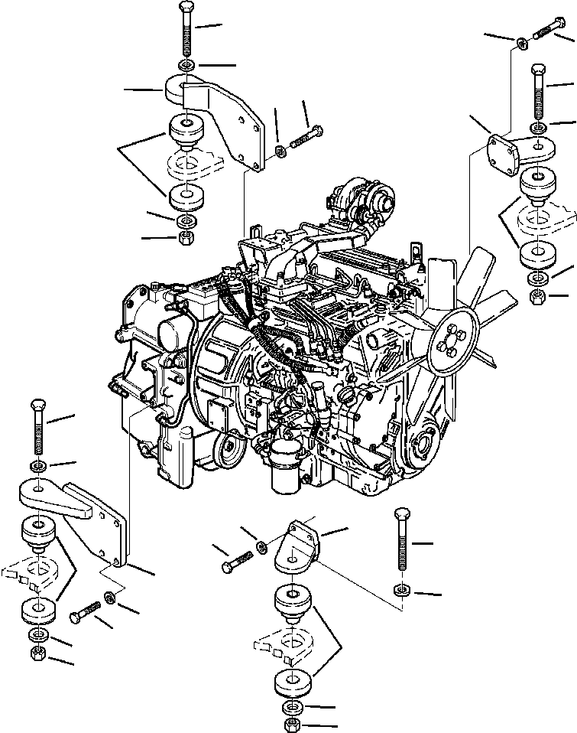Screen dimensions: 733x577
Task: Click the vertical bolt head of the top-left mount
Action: [186, 9]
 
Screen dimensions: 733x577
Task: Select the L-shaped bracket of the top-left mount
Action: [222, 115]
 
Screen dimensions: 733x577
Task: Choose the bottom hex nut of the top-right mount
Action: [538, 295]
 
